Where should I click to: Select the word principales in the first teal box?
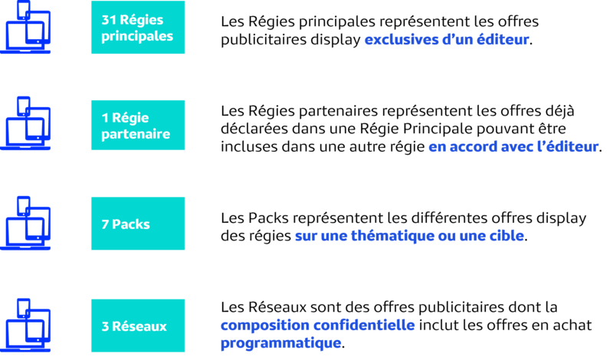pyautogui.click(x=137, y=36)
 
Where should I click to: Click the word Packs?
pyautogui.click(x=131, y=224)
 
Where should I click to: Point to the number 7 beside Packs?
pyautogui.click(x=105, y=224)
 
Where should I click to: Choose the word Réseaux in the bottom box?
pyautogui.click(x=139, y=326)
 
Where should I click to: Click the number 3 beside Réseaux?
pyautogui.click(x=105, y=326)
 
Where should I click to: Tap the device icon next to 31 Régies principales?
pyautogui.click(x=26, y=28)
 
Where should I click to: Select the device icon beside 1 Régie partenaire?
pyautogui.click(x=26, y=124)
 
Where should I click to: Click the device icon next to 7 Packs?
pyautogui.click(x=26, y=224)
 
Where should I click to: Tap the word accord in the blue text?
pyautogui.click(x=472, y=146)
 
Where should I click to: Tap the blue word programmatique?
pyautogui.click(x=280, y=343)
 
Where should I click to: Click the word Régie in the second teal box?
pyautogui.click(x=130, y=117)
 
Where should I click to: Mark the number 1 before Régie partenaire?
pyautogui.click(x=104, y=117)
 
